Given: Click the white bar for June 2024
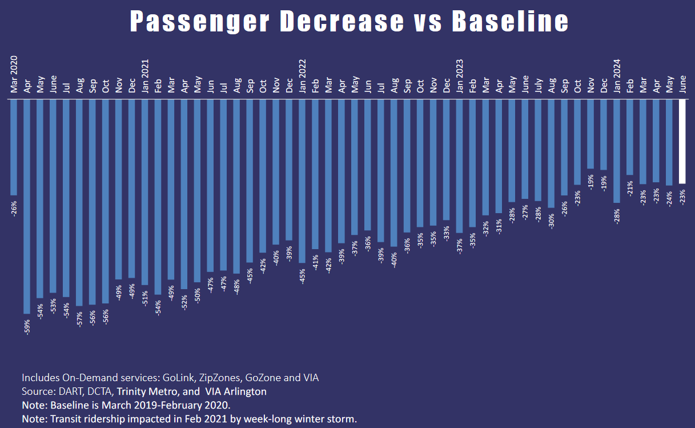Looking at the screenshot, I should [682, 141].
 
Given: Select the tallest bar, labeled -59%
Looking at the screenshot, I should [27, 206].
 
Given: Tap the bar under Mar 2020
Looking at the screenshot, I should [14, 147].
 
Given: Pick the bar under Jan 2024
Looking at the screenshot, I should [617, 151].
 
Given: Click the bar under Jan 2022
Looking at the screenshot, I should [302, 181].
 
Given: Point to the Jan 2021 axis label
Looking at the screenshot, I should [145, 75].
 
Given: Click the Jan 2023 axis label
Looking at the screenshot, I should [460, 75].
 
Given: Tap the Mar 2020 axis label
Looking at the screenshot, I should [14, 74].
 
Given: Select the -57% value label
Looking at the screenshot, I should [79, 318].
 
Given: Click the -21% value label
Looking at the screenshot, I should [630, 187].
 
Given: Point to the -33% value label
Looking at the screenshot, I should [447, 233].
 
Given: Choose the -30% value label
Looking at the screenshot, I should [552, 220].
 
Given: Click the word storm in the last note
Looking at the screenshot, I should [343, 419].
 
